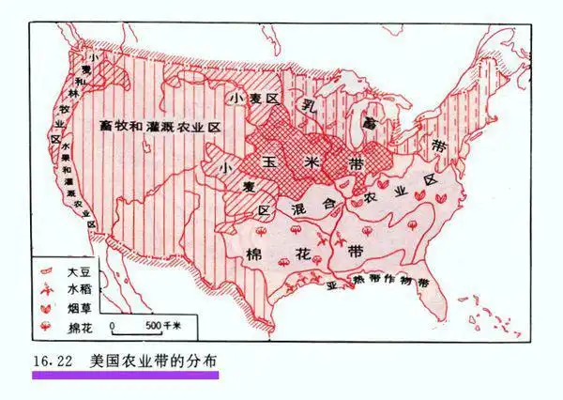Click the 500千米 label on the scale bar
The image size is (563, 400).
tap(161, 325)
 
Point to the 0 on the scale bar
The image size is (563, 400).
tap(113, 325)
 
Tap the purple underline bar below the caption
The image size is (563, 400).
tap(125, 374)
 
